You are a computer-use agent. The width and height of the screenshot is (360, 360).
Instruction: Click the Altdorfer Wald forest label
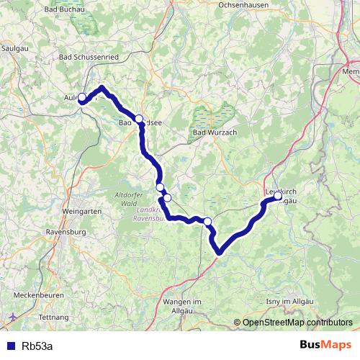[x=132, y=199]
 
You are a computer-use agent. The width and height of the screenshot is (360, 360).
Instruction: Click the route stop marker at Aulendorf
[x=82, y=97]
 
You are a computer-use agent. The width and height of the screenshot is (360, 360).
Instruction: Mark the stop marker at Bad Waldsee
[x=139, y=119]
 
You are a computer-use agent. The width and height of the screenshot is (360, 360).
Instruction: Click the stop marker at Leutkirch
[x=278, y=195]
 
